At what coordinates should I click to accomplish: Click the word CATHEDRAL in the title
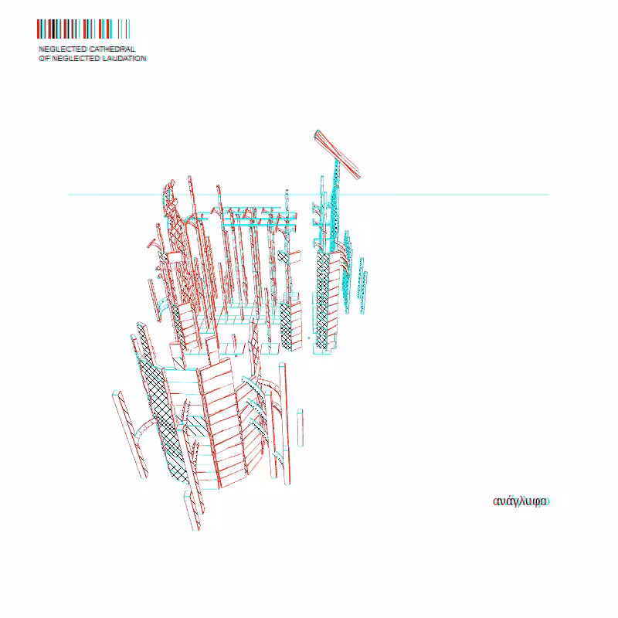pyautogui.click(x=112, y=49)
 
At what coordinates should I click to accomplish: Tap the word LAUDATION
pyautogui.click(x=124, y=59)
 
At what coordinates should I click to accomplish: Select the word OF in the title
pyautogui.click(x=44, y=59)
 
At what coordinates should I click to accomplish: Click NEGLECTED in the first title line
pyautogui.click(x=63, y=49)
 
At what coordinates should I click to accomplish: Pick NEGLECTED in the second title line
pyautogui.click(x=76, y=59)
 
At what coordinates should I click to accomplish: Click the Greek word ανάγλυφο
pyautogui.click(x=521, y=501)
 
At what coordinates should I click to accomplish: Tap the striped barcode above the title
pyautogui.click(x=83, y=29)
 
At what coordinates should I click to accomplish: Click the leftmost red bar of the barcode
pyautogui.click(x=39, y=29)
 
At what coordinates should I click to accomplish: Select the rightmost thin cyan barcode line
pyautogui.click(x=129, y=29)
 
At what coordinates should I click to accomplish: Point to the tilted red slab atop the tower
pyautogui.click(x=337, y=154)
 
